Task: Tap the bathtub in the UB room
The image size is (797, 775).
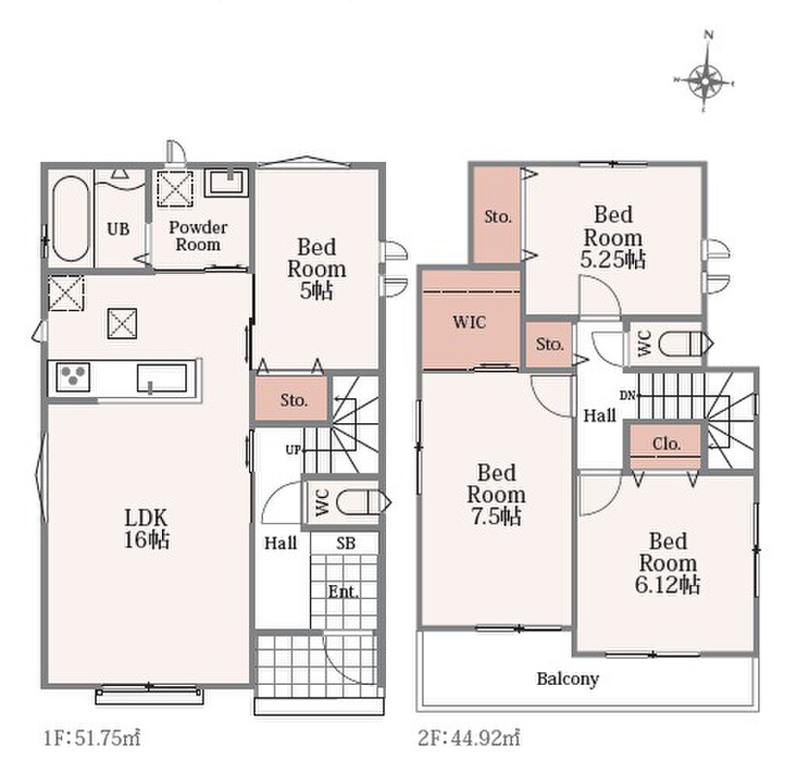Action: pos(70,218)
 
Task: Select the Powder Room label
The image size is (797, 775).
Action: pos(198,235)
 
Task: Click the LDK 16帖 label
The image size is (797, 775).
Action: pos(146,529)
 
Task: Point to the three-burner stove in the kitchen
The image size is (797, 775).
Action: pos(73,377)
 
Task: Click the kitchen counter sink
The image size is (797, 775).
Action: pos(161,379)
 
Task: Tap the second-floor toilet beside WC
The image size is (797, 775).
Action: pos(685,343)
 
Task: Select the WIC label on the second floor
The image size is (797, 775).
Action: pos(469,322)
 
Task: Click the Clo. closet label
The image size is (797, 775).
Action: pos(666,444)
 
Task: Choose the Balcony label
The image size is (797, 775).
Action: pos(568,679)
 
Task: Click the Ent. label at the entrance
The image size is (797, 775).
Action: pos(343,592)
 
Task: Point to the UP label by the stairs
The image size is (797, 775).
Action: pos(293,449)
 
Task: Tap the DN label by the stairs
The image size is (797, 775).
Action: pos(627,395)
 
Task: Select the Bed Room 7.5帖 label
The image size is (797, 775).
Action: pos(496,495)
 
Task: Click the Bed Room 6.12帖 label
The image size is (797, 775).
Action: pos(667,563)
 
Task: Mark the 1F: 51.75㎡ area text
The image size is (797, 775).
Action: pos(92,737)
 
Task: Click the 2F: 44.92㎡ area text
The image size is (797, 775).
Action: pos(468,737)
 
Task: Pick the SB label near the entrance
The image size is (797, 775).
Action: pos(345,543)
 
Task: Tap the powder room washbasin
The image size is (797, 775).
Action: pos(227,183)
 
